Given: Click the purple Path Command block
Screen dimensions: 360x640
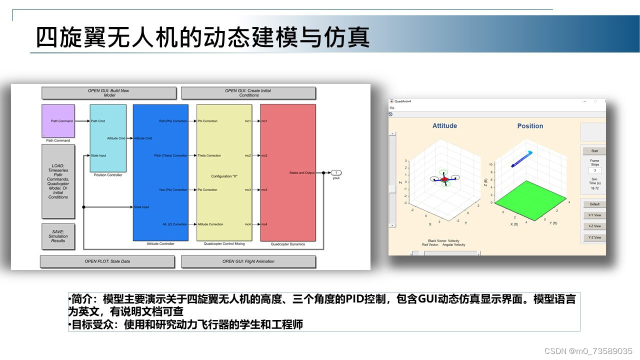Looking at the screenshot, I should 58,120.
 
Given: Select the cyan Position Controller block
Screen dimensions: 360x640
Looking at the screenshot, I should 108,137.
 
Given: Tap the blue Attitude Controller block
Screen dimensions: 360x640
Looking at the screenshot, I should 160,172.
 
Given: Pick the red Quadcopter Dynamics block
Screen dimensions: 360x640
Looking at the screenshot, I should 287,172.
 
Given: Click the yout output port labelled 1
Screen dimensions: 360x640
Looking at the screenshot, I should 336,172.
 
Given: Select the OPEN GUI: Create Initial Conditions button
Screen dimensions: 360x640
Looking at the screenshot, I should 248,93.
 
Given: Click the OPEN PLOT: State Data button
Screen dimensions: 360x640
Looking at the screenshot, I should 107,261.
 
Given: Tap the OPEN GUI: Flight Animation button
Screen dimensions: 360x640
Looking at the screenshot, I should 248,261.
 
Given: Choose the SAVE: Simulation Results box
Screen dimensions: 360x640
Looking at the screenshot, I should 58,236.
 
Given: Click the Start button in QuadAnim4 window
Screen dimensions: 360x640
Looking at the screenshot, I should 594,150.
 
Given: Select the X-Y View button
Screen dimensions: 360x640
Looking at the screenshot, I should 594,215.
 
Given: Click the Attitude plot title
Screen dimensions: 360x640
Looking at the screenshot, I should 444,126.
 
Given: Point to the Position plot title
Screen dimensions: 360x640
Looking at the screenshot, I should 530,126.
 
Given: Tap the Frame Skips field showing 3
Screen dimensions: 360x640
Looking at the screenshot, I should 594,170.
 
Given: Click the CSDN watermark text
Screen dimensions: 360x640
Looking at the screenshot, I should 588,351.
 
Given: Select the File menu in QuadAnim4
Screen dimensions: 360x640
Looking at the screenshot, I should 392,108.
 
